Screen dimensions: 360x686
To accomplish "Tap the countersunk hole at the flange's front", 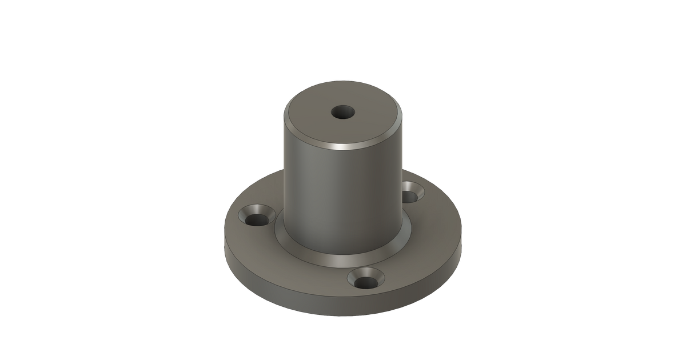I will pos(365,280).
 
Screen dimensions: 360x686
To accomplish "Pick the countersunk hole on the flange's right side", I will pos(411,194).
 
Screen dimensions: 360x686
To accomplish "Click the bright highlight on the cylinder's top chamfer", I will pos(343,147).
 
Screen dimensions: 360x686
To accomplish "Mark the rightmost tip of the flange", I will pos(463,240).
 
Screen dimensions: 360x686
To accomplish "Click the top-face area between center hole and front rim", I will pos(343,133).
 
